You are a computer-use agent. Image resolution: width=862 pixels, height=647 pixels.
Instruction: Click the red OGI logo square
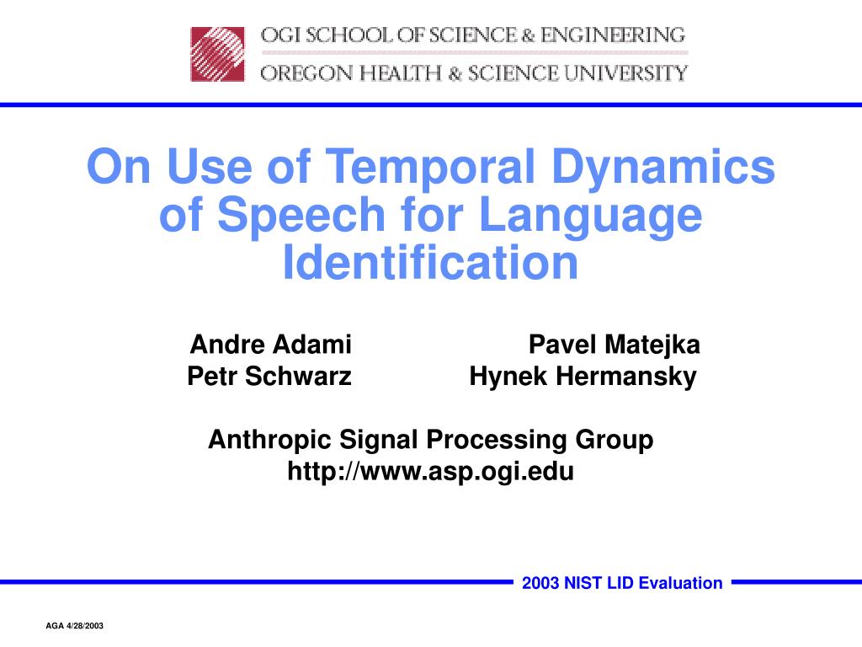click(217, 55)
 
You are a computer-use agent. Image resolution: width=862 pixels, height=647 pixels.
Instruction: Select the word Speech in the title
click(301, 217)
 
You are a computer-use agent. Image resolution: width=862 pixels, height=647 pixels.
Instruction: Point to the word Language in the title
click(590, 217)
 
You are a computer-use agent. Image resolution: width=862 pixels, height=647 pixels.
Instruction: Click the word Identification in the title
click(430, 262)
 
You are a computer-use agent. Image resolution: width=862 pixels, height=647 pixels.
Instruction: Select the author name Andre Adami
click(270, 345)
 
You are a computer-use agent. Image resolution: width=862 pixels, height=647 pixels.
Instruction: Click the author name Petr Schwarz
click(269, 377)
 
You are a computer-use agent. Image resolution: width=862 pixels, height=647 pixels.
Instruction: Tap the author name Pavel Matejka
click(614, 345)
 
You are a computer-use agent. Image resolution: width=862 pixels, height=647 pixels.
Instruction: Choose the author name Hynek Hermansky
click(583, 377)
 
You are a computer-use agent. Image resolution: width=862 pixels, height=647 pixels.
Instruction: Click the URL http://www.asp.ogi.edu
click(430, 472)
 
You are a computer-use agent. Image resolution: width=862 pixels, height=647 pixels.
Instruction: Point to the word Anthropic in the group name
click(269, 441)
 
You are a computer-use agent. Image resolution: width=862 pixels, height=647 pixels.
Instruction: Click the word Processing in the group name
click(497, 441)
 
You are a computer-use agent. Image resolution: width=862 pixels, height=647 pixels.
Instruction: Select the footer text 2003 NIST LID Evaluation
click(622, 583)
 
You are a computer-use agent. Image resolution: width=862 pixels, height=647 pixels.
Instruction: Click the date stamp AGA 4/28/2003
click(74, 626)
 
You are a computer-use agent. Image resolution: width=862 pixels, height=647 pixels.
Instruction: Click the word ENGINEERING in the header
click(613, 35)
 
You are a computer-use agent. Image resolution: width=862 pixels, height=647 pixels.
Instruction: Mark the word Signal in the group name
click(379, 441)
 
